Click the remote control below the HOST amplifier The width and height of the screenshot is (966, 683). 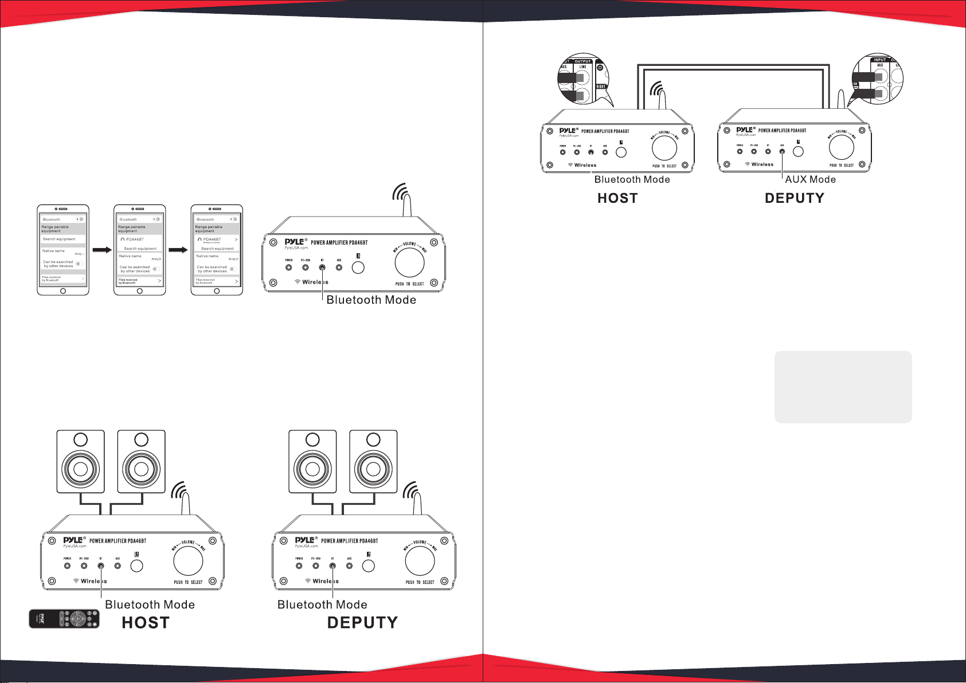point(64,619)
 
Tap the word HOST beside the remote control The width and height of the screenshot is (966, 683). point(146,623)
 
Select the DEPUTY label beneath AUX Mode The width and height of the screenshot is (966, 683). point(794,198)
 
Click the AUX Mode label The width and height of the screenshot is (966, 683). point(810,179)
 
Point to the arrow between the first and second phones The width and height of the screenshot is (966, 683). point(101,250)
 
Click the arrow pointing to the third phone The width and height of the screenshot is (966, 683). point(178,250)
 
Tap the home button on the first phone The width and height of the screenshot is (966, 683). point(63,291)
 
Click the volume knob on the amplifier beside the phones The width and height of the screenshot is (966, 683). point(410,263)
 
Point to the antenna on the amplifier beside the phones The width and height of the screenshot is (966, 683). point(407,203)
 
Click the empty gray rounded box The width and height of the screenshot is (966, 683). point(843,387)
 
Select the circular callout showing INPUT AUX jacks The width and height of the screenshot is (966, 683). point(878,80)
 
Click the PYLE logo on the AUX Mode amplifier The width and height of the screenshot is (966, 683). point(745,130)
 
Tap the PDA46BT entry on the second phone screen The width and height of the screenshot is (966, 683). point(135,240)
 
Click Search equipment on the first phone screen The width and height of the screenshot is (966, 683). point(59,239)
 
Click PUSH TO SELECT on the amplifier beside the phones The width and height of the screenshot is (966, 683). point(409,284)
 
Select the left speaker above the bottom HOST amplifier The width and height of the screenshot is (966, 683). point(81,461)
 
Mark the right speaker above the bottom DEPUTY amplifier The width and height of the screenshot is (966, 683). point(373,461)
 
